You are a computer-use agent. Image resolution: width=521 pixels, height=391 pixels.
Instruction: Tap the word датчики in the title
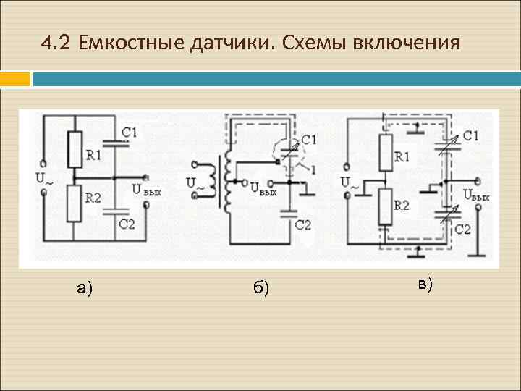click(232, 43)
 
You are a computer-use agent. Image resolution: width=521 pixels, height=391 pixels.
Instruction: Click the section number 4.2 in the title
click(56, 43)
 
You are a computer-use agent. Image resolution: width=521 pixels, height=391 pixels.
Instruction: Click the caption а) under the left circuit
click(85, 288)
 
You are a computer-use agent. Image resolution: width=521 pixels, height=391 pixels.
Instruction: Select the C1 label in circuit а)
click(130, 133)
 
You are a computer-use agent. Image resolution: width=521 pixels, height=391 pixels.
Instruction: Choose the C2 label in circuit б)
click(303, 224)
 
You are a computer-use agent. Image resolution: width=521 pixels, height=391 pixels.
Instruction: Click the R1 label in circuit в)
click(402, 156)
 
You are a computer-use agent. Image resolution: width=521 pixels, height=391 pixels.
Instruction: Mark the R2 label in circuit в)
click(402, 206)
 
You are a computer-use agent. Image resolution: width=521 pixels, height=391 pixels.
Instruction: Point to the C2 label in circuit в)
click(463, 230)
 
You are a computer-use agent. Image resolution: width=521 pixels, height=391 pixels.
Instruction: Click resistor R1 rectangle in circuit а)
click(74, 148)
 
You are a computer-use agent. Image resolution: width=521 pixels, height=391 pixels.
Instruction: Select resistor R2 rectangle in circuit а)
click(74, 203)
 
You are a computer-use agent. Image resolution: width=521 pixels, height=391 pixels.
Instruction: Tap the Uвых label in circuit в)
click(477, 195)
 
